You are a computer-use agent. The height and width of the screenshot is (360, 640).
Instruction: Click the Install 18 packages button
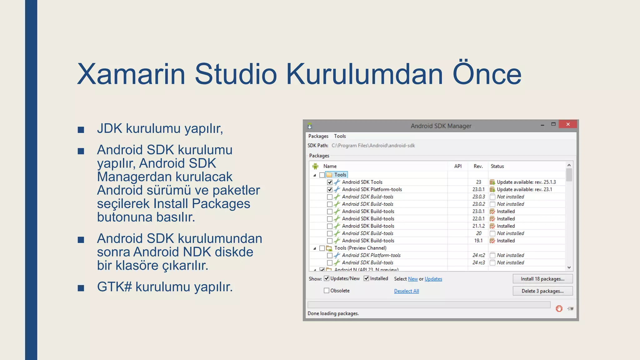coord(542,279)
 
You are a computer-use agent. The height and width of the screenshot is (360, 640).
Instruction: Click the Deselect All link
coord(406,291)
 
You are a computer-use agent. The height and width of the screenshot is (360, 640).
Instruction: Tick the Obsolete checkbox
coord(327,291)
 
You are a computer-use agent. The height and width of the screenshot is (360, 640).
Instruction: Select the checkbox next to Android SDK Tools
coord(330,182)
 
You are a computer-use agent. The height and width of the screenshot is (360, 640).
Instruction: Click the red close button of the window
coord(568,124)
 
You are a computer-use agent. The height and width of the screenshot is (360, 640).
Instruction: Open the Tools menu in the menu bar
coord(340,136)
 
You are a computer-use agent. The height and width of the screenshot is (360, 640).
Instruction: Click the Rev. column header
coord(478,166)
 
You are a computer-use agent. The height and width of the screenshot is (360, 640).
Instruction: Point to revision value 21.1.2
coord(478,226)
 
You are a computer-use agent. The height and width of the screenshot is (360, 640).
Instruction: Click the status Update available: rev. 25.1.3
coord(526,182)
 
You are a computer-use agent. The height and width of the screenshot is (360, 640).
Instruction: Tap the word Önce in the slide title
coord(487,74)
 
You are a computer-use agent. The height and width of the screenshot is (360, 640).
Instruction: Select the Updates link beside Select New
coord(433,279)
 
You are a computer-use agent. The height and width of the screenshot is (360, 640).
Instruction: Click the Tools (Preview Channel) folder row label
coord(360,248)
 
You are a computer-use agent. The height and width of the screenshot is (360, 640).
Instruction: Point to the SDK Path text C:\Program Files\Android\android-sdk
coord(373,146)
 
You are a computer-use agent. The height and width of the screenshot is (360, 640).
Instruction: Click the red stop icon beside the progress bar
coord(559,309)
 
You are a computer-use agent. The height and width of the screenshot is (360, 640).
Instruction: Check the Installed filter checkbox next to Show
coord(366,278)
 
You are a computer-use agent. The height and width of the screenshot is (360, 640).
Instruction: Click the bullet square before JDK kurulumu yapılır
coord(81,130)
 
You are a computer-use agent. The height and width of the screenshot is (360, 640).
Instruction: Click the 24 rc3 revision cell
coord(478,262)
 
